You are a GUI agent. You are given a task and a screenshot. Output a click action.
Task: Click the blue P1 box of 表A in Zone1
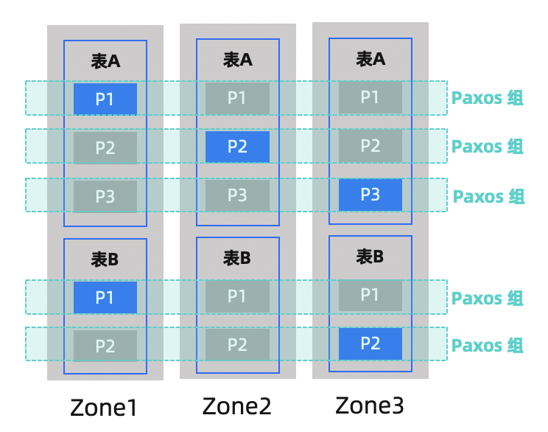(105, 99)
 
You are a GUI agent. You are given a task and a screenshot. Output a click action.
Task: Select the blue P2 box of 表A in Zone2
(237, 147)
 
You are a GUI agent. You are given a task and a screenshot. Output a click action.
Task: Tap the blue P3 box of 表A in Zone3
(370, 195)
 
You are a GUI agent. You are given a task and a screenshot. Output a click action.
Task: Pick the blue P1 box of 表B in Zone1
(105, 297)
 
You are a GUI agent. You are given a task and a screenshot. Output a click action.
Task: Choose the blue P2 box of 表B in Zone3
(370, 344)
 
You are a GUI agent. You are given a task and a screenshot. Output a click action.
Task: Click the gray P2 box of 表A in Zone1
(105, 147)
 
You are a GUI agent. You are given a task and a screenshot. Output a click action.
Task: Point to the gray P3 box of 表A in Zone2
(237, 195)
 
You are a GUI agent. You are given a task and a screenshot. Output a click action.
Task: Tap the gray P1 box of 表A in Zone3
(370, 97)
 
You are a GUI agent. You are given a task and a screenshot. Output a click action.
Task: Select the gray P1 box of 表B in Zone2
(237, 296)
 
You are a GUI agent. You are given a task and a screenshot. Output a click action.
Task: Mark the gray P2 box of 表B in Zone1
(105, 346)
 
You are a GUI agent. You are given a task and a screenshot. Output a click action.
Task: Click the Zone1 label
(105, 408)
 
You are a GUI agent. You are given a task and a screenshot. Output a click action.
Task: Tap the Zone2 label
(236, 405)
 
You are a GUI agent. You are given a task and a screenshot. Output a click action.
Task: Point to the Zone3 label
(370, 405)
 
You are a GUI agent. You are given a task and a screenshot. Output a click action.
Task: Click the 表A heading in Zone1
(105, 61)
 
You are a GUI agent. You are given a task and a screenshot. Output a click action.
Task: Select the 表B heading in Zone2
(237, 258)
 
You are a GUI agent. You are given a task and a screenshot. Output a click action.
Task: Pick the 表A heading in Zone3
(370, 58)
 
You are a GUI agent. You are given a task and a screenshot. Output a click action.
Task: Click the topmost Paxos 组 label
(487, 98)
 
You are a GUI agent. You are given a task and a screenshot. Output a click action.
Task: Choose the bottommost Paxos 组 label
(487, 345)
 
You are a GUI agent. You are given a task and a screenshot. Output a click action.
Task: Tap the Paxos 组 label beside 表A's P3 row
(488, 196)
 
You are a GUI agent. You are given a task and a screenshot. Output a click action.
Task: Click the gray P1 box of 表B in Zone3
(370, 295)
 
